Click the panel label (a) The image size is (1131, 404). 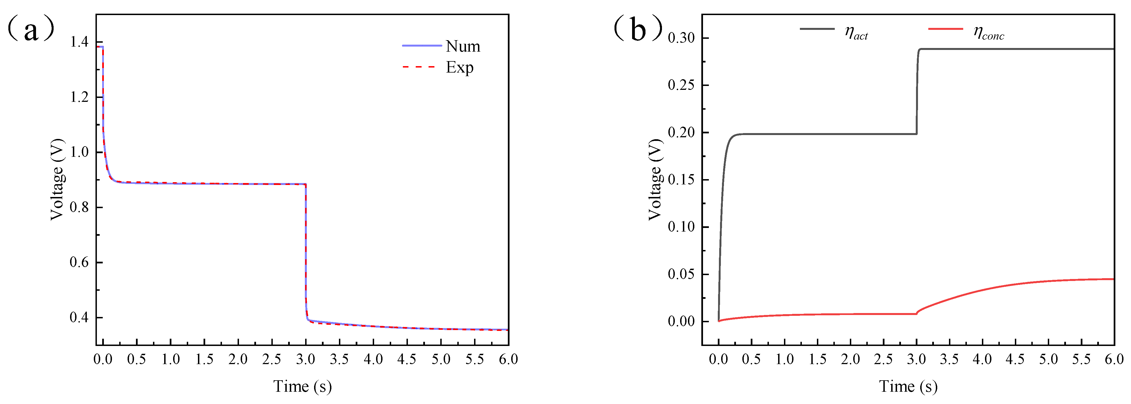click(31, 28)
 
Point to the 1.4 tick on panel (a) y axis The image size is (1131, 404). click(79, 42)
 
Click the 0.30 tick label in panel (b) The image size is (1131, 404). click(682, 38)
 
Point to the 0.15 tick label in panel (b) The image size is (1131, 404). click(682, 180)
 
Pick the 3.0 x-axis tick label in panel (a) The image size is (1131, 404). click(306, 360)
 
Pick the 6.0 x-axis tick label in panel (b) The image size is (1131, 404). click(1114, 360)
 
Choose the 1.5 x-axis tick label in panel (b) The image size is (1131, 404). click(817, 360)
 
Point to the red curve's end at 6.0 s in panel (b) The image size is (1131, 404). click(1113, 279)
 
